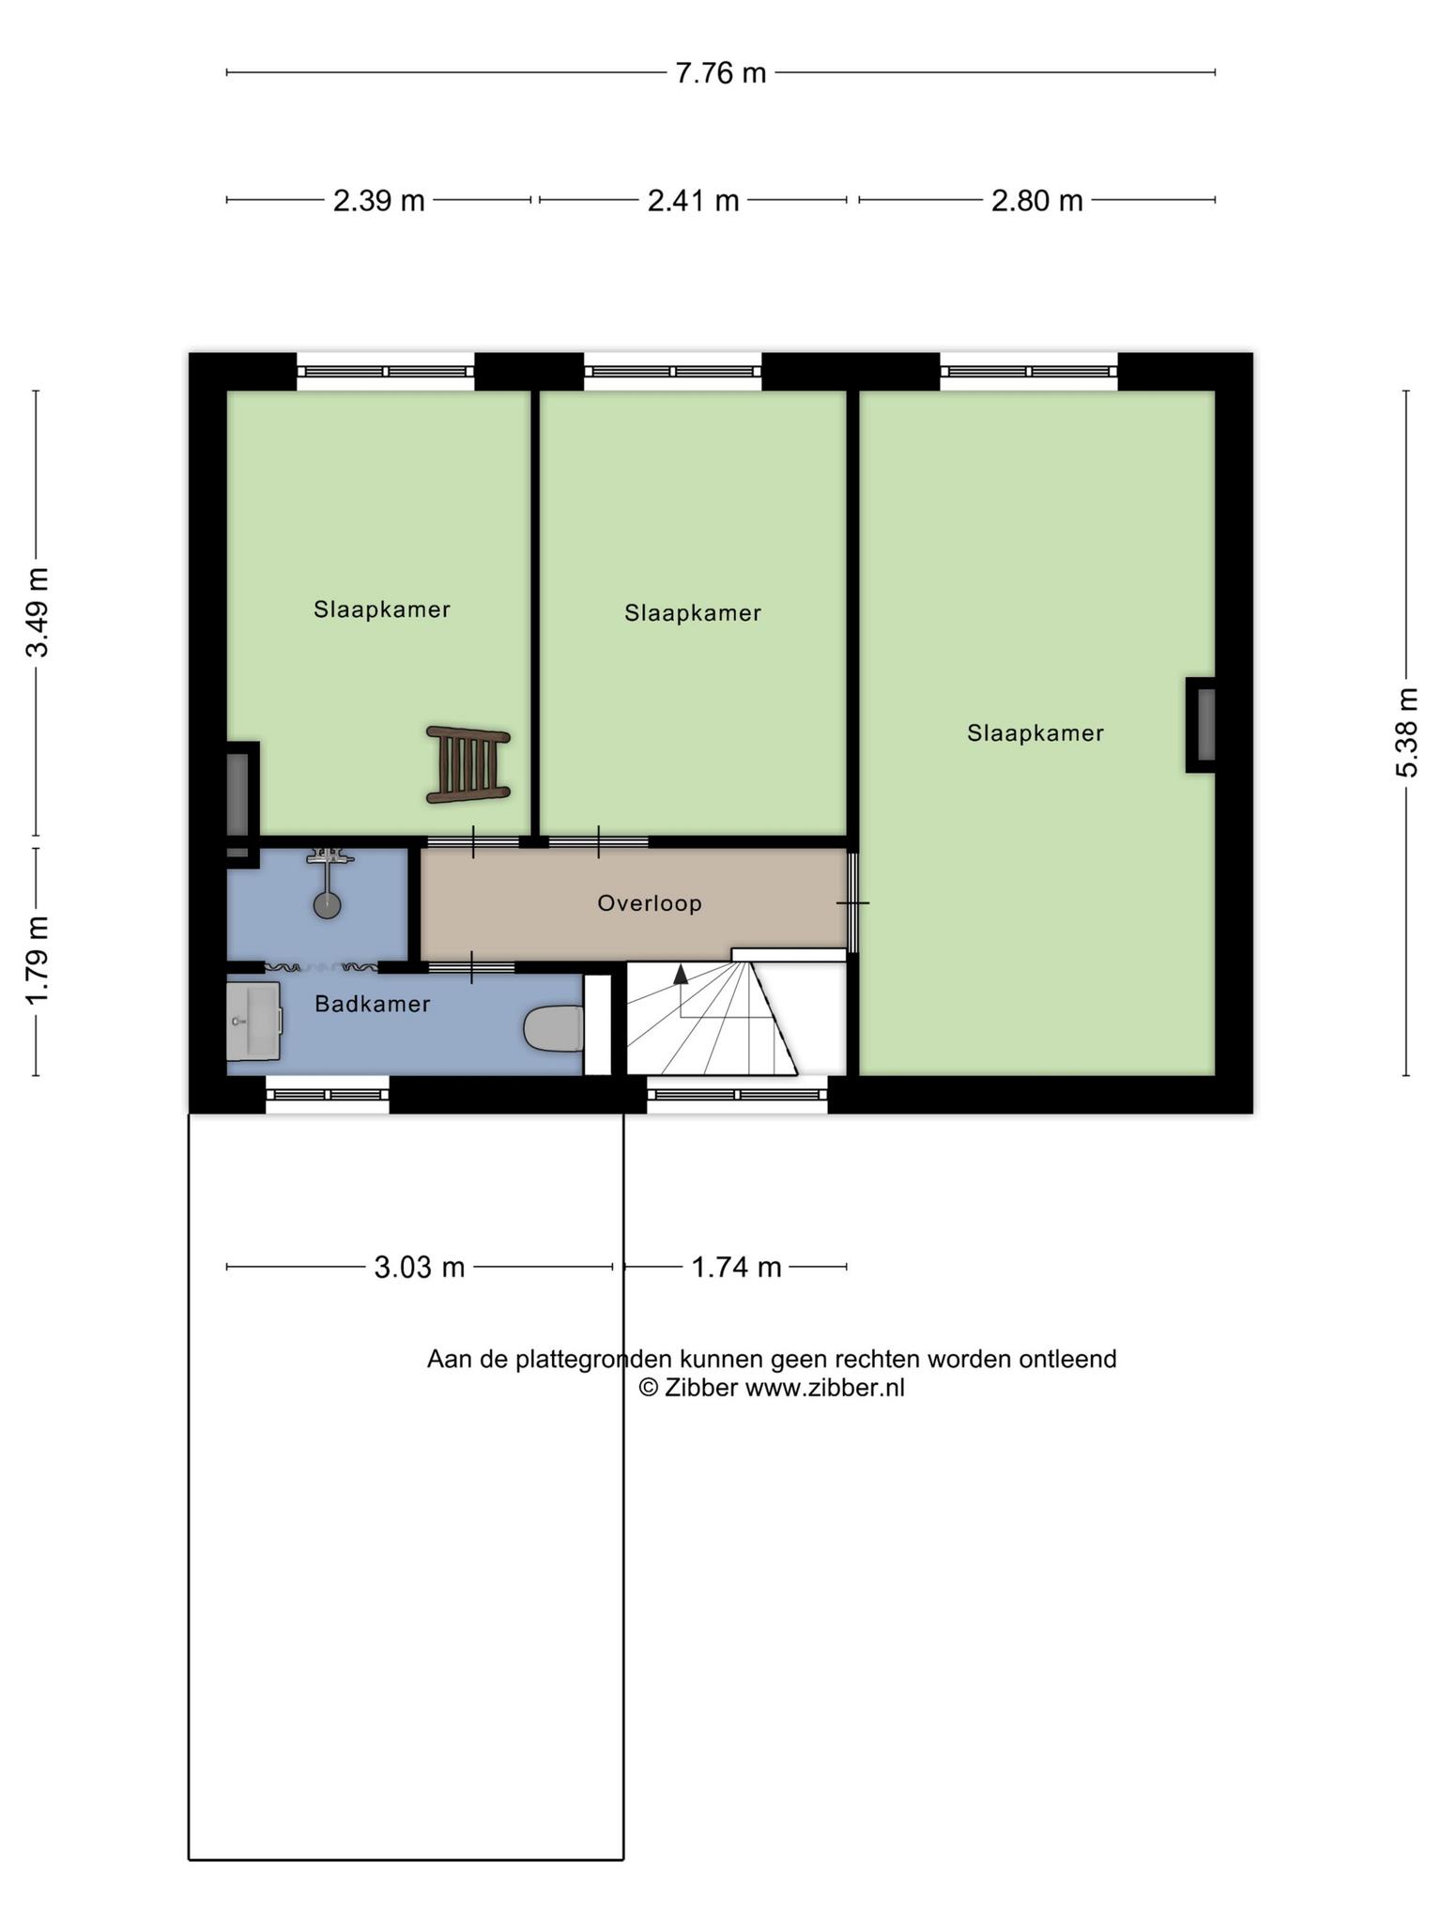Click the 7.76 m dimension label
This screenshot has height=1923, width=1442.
[x=721, y=73]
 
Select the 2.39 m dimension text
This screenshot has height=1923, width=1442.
[x=379, y=201]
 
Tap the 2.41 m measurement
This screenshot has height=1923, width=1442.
[x=694, y=201]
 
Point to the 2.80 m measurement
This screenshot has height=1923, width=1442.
[x=1037, y=201]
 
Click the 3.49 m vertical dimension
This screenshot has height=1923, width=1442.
[x=38, y=613]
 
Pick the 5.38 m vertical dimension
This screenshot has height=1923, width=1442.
[x=1406, y=733]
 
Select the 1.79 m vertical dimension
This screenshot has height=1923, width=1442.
[x=38, y=960]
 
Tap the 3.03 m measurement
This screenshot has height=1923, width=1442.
[x=420, y=1268]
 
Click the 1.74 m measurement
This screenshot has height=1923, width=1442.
[x=737, y=1268]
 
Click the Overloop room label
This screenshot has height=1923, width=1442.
[x=650, y=903]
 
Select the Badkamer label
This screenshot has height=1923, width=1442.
[x=373, y=1004]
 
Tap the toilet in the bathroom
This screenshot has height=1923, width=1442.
[x=554, y=1028]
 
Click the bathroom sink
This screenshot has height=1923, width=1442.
[x=254, y=1021]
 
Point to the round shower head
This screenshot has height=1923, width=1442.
[x=327, y=905]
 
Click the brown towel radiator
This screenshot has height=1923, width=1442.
[x=468, y=764]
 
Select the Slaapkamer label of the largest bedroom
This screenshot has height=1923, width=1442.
[x=1035, y=733]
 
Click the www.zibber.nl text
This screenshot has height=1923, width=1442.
[x=825, y=1388]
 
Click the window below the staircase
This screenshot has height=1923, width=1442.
[x=738, y=1095]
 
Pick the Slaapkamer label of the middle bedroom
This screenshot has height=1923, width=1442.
[x=693, y=613]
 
